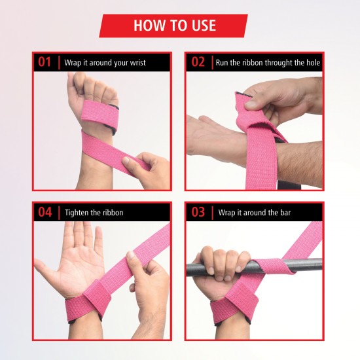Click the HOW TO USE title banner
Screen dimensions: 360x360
coord(174,26)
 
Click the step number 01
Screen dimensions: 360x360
coord(45,63)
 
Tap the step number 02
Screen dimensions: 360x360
coord(198,63)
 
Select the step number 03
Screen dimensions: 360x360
coord(198,212)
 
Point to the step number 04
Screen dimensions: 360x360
coord(45,212)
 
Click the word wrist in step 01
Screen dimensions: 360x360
coord(135,63)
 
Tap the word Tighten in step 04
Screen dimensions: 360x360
coord(77,213)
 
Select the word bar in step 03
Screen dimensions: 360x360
coord(283,213)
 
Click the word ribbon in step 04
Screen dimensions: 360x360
coord(111,213)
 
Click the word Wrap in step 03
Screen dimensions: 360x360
coord(226,213)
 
